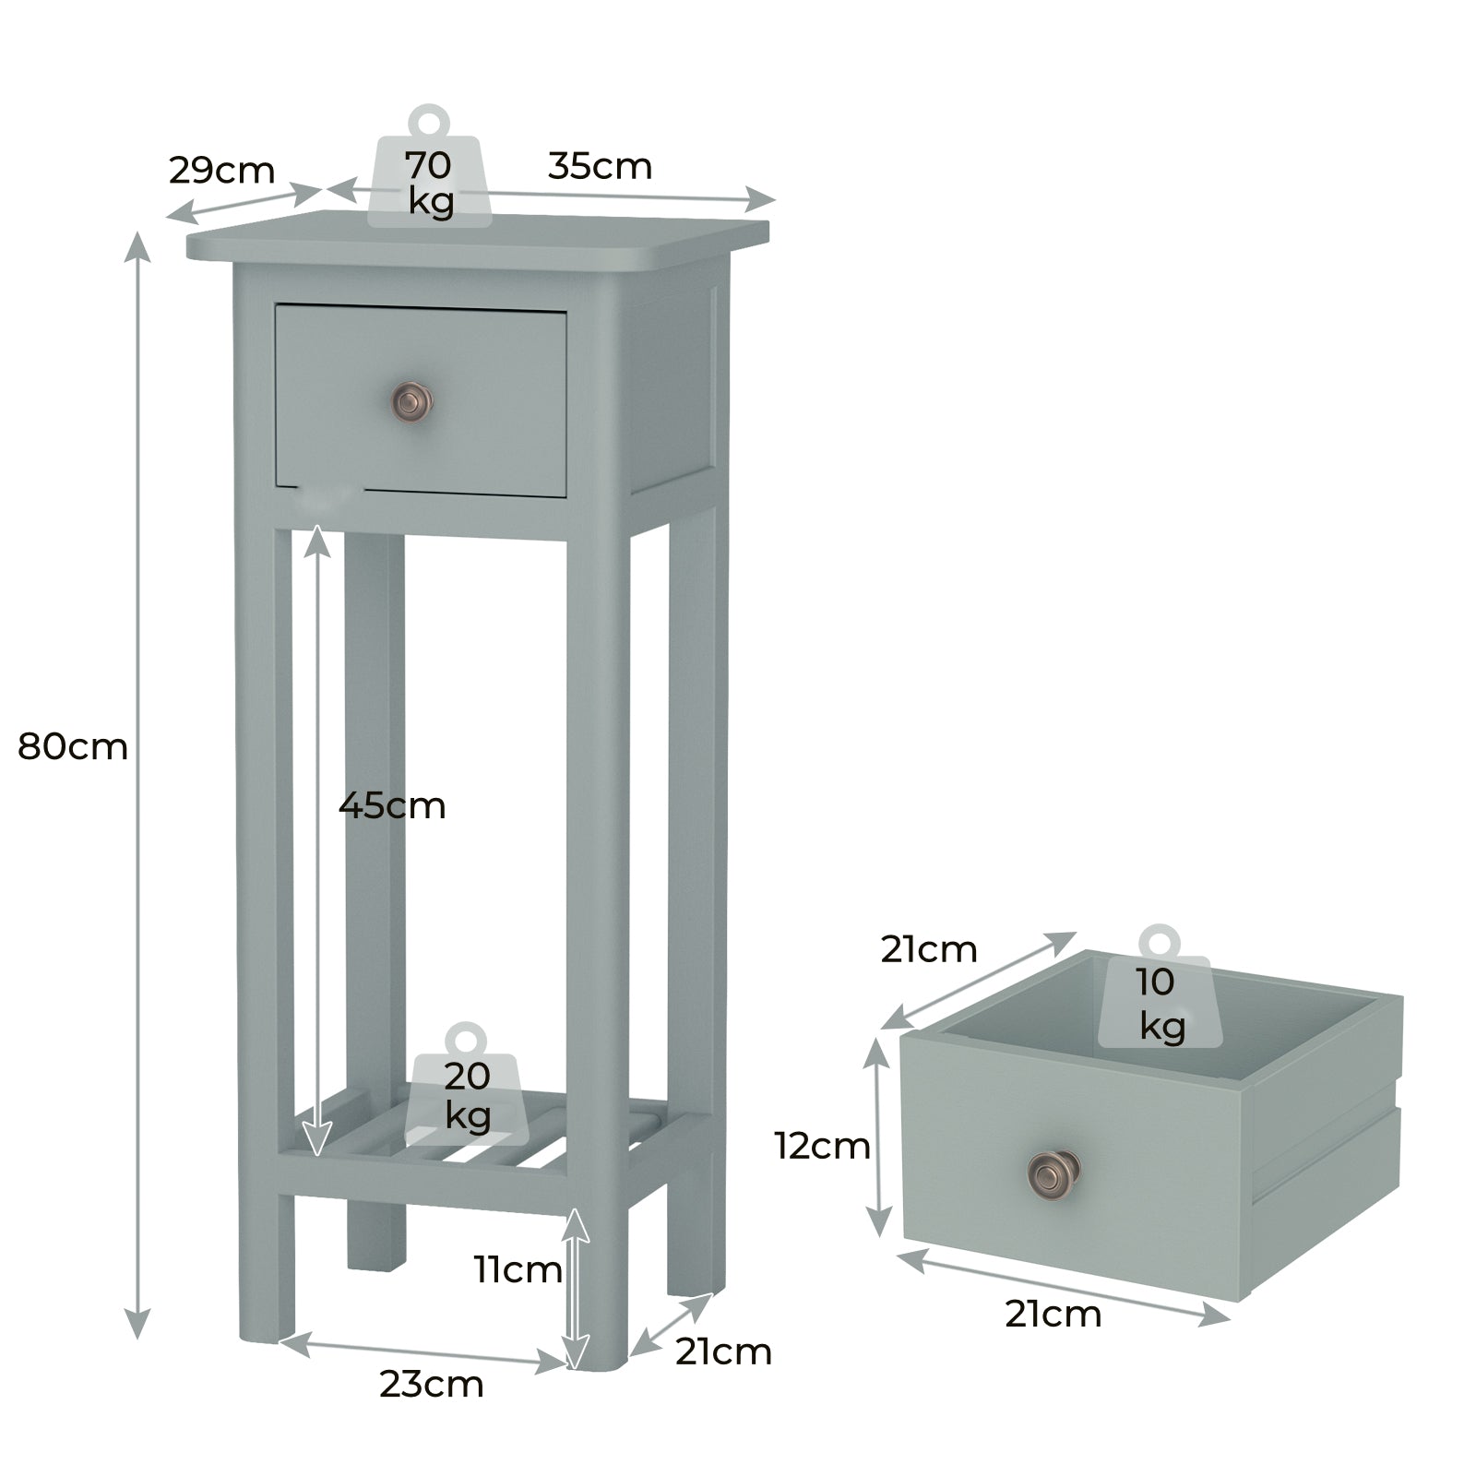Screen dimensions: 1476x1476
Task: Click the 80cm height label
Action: click(73, 746)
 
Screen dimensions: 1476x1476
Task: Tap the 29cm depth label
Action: click(221, 171)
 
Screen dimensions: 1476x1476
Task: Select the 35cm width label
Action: click(600, 166)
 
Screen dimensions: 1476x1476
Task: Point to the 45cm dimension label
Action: click(392, 805)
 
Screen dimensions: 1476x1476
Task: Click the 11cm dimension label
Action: click(518, 1269)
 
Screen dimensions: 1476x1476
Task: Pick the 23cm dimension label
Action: click(431, 1384)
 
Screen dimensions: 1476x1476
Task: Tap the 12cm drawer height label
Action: click(822, 1146)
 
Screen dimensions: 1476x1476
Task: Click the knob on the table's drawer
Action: click(412, 400)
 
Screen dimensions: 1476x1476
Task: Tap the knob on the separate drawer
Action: click(1053, 1173)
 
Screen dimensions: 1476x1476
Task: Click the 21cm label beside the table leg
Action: click(722, 1351)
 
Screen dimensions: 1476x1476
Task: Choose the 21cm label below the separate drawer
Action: click(1053, 1314)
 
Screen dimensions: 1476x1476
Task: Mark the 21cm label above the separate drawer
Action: click(928, 948)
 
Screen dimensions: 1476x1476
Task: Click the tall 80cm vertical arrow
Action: click(137, 784)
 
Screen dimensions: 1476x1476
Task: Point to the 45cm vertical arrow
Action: click(317, 839)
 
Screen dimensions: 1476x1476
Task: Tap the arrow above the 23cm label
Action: click(423, 1352)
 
